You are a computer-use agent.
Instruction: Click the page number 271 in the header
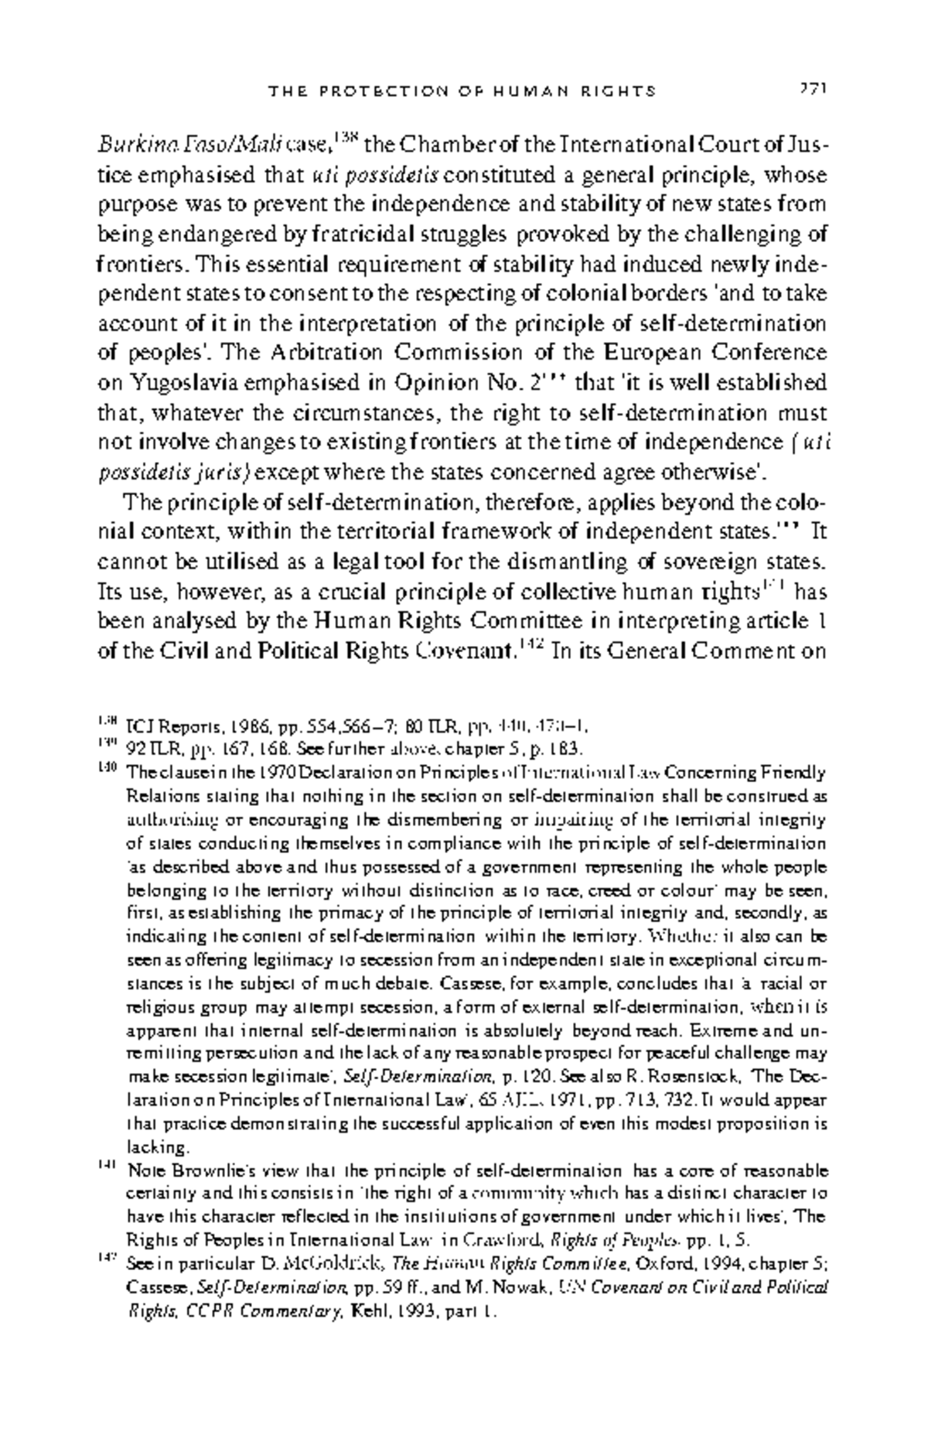tap(813, 90)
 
